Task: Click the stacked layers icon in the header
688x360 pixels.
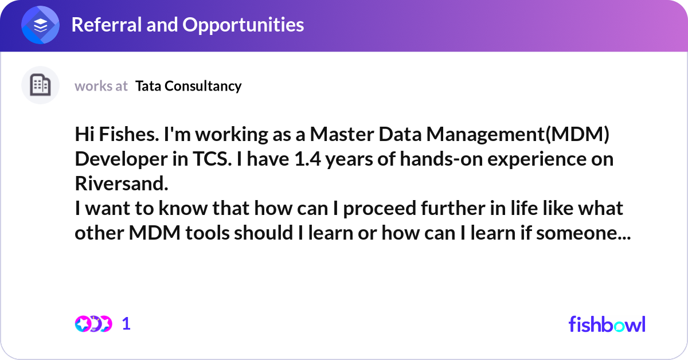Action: pyautogui.click(x=40, y=25)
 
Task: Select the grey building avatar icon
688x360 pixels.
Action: pyautogui.click(x=40, y=85)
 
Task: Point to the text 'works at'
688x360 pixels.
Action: pyautogui.click(x=101, y=86)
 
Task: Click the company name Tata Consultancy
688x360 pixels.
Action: pyautogui.click(x=188, y=87)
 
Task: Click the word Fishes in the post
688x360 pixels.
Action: pyautogui.click(x=129, y=134)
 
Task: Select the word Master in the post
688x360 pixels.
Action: pyautogui.click(x=342, y=134)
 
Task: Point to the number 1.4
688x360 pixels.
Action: pyautogui.click(x=307, y=159)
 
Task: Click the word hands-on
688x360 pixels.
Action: pyautogui.click(x=441, y=159)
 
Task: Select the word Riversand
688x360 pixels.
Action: pyautogui.click(x=122, y=183)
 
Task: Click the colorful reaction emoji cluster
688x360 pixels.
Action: pyautogui.click(x=93, y=324)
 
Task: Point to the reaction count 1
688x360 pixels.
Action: pyautogui.click(x=126, y=324)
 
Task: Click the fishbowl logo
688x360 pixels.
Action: pyautogui.click(x=607, y=324)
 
